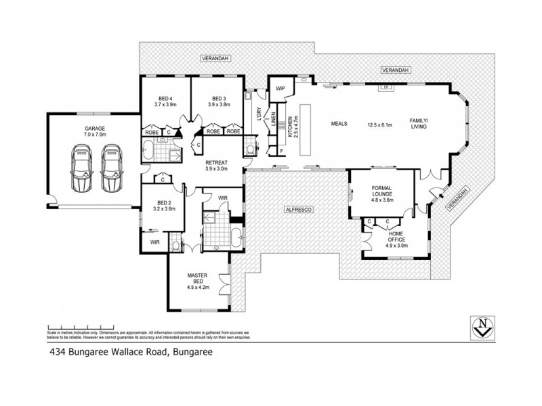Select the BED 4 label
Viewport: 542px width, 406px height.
(x=165, y=98)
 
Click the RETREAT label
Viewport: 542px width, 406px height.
(x=217, y=163)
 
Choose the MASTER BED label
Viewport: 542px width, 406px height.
(x=196, y=279)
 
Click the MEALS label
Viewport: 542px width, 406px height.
(x=339, y=125)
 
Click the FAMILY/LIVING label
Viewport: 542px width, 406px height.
(x=419, y=124)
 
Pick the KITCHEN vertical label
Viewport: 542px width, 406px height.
(x=290, y=127)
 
